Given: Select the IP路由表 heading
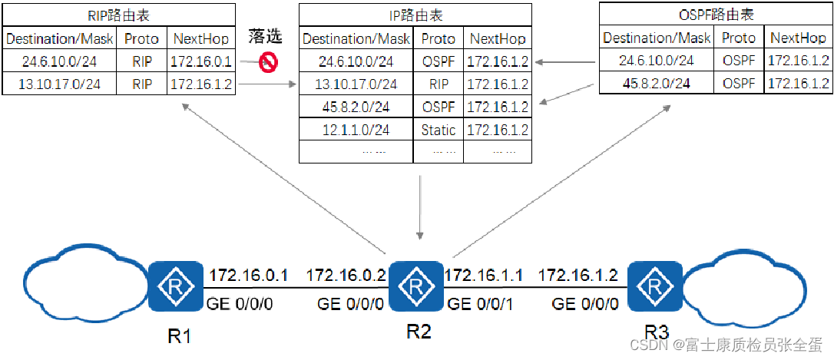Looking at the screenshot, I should (x=415, y=15).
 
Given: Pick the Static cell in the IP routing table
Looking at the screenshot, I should (x=439, y=130).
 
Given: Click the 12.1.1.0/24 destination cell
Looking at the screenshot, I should (x=356, y=130).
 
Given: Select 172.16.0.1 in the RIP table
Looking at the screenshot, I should (x=201, y=61).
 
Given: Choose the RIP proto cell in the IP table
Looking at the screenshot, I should (x=439, y=84).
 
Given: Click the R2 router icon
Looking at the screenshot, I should (x=415, y=287).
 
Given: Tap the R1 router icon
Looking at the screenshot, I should (x=177, y=287).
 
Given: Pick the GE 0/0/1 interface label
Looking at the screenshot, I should (x=481, y=304).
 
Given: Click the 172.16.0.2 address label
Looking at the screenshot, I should (x=345, y=274).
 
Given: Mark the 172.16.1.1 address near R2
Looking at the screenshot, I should (x=485, y=274).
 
